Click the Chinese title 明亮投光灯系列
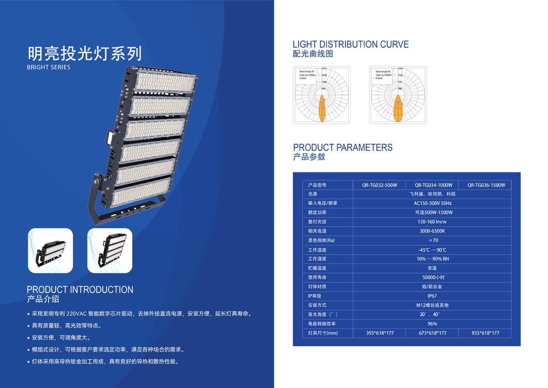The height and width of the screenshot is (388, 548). pos(84,53)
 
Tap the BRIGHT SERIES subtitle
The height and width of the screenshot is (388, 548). pos(49,67)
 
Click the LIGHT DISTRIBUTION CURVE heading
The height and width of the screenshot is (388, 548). pos(350,44)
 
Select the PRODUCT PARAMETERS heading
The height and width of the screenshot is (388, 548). pos(342,147)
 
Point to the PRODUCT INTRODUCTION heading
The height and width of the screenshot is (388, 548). pos(80,289)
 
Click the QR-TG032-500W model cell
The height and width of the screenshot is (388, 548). pos(379,185)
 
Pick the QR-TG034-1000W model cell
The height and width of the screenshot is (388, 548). pos(433,185)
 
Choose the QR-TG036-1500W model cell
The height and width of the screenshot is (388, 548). pos(486,185)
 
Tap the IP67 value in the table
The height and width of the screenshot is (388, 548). pos(432,296)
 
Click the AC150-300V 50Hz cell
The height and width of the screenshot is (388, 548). pos(432,203)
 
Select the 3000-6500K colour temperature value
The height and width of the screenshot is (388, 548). pos(432,231)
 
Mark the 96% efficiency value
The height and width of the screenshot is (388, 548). pos(432,324)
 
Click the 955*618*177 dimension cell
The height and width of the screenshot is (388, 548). pos(485,333)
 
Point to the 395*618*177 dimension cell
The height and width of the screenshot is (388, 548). pos(379,333)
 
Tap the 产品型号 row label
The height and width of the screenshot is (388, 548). pos(317,185)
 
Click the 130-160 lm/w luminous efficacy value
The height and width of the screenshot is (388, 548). pos(432,222)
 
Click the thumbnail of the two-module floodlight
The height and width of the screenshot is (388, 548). pos(51,250)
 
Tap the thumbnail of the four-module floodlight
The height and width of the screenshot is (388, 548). pos(110,250)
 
